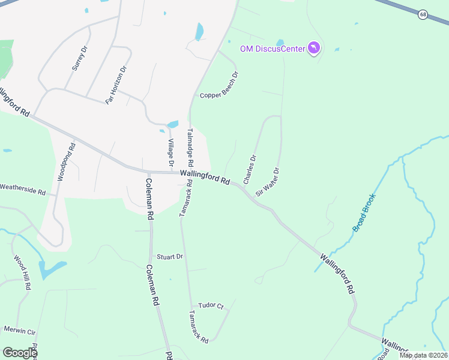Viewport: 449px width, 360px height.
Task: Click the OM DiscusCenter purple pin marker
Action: (313, 47)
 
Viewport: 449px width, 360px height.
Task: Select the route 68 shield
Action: (423, 14)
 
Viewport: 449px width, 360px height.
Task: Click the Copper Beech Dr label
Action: (220, 86)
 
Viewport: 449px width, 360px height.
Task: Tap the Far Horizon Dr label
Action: (116, 85)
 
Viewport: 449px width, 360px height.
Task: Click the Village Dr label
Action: (170, 152)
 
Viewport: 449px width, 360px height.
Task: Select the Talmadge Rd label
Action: (190, 148)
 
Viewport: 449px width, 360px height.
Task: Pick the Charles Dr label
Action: (250, 170)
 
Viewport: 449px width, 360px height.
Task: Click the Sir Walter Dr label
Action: (268, 182)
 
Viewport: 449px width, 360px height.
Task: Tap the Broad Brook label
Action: (364, 212)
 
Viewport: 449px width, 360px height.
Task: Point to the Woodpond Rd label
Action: (66, 162)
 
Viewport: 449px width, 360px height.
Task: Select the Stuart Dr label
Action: (170, 257)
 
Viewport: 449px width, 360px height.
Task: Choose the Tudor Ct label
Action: (211, 305)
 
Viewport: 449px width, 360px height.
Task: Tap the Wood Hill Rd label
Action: (22, 273)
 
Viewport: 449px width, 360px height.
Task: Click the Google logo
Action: (20, 353)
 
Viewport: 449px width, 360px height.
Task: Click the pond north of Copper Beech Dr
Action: (199, 31)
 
